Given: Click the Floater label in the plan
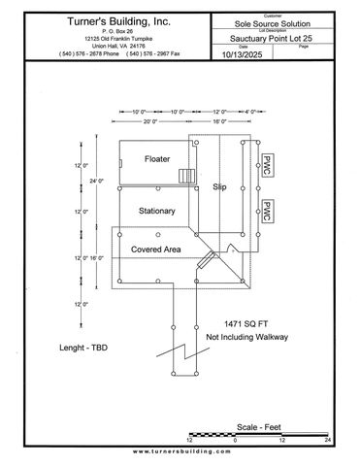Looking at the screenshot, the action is click(156, 157).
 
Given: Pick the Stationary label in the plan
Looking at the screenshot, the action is click(156, 211).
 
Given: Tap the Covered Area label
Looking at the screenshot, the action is click(156, 250).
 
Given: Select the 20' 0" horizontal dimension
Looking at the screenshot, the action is click(149, 122).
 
